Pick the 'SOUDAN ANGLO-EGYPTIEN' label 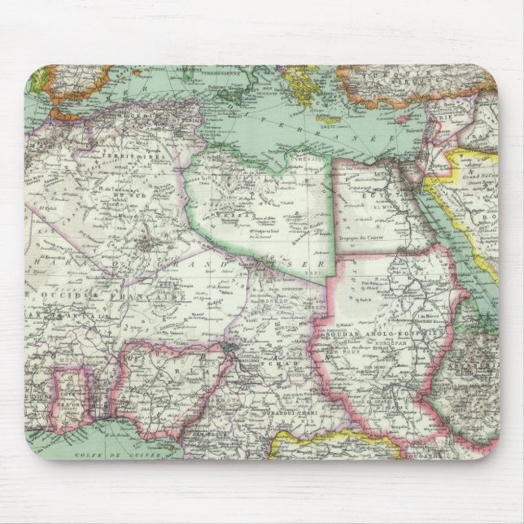(x=399, y=334)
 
